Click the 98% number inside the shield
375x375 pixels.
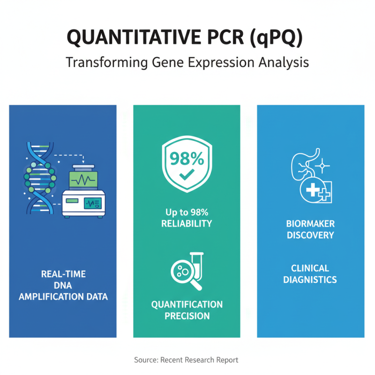187,159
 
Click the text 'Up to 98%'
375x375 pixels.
187,211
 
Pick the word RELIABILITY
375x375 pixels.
187,224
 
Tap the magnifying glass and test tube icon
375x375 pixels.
187,270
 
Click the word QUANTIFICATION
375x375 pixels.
187,305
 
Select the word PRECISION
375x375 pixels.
187,316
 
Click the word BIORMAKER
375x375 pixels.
310,224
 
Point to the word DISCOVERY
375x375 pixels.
310,235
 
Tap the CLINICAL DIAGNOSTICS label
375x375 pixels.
310,274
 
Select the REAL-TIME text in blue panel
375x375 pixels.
63,274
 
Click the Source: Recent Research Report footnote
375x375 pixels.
186,360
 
